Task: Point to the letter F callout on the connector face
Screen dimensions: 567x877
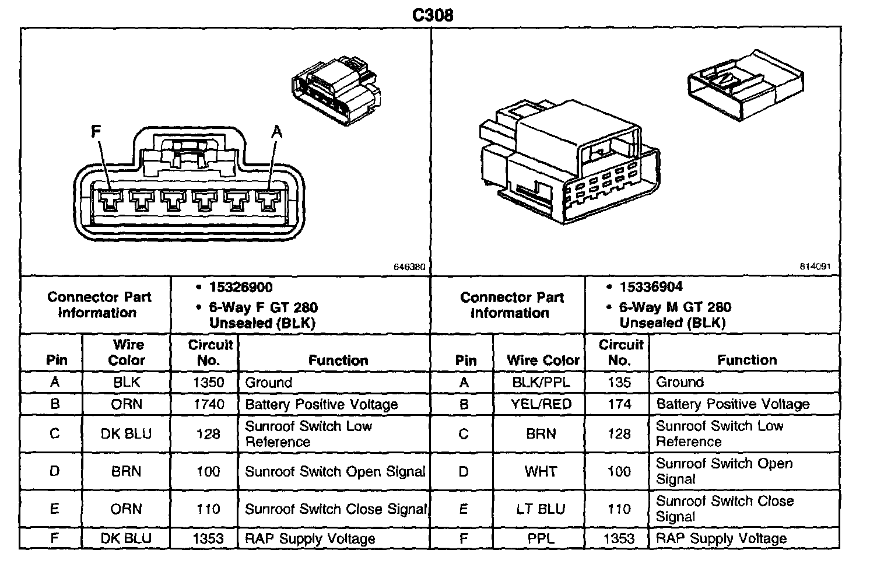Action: click(97, 133)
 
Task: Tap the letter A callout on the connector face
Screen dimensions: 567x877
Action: click(276, 133)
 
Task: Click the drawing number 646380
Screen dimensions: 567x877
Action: click(410, 267)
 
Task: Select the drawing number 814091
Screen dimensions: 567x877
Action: click(815, 266)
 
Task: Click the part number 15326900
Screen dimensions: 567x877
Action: click(241, 287)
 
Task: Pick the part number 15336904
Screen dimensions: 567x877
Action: click(651, 287)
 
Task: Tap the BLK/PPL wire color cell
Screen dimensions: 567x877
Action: click(540, 382)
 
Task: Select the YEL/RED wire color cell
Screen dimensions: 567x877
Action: click(540, 404)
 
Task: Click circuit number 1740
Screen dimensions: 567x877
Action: click(208, 404)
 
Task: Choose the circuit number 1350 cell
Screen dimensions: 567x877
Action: click(208, 382)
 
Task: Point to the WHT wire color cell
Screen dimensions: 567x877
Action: click(540, 471)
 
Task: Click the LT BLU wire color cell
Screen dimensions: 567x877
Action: click(540, 509)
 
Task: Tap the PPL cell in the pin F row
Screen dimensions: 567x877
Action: click(540, 538)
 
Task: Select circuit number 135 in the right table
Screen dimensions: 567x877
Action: click(619, 382)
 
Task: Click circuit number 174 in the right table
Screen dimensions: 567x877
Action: click(619, 404)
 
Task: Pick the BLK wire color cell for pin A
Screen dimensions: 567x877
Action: click(127, 382)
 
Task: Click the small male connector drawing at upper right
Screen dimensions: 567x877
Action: click(745, 85)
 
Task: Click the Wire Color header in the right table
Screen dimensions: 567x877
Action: click(543, 360)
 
